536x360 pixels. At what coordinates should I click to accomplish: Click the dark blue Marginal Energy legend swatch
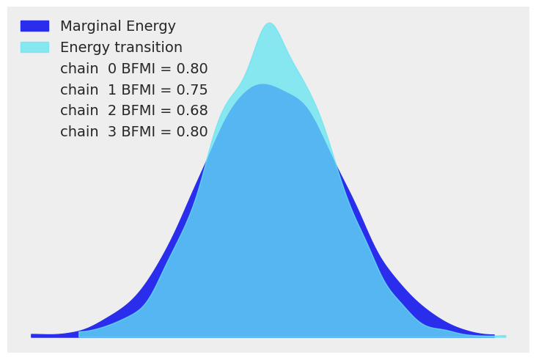tap(34, 26)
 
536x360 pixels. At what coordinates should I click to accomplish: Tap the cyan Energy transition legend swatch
tap(34, 48)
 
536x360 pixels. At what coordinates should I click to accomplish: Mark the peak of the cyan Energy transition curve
tap(270, 23)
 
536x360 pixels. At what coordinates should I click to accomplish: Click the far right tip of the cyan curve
tap(504, 337)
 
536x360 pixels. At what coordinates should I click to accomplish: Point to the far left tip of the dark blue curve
tap(32, 336)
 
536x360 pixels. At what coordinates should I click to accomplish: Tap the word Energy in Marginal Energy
tap(152, 26)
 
